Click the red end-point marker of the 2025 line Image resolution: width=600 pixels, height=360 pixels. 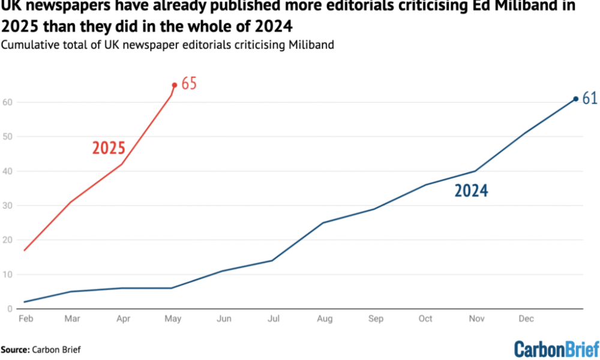(x=174, y=85)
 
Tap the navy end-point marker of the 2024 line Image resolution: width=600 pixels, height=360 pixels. (x=575, y=99)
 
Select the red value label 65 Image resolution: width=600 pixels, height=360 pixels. (x=189, y=84)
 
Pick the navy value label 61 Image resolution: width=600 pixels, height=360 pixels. (x=590, y=98)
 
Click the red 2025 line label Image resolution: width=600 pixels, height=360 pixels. (x=109, y=148)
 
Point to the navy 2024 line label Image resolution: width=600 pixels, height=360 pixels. (x=471, y=191)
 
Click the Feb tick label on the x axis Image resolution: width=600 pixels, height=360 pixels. (x=25, y=319)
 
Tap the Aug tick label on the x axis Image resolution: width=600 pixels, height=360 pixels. (x=325, y=319)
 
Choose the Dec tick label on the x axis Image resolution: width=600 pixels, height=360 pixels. (x=525, y=319)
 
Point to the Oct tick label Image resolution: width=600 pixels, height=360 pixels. (x=425, y=319)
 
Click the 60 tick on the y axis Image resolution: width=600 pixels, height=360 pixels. (x=9, y=102)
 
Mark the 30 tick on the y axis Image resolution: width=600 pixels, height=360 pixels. (x=9, y=206)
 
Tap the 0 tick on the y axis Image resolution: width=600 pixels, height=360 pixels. (x=11, y=309)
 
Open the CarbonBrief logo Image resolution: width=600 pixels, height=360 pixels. (x=556, y=349)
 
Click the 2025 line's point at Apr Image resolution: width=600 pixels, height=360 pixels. (x=123, y=164)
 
